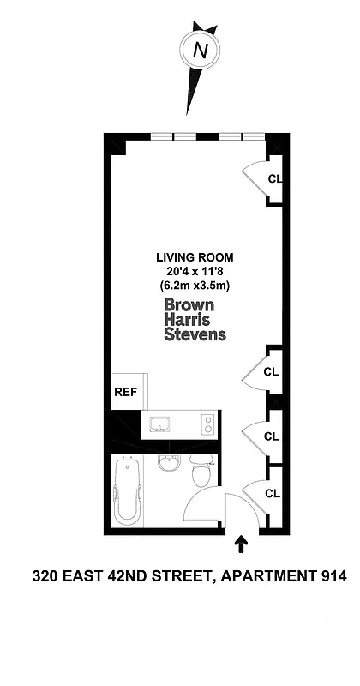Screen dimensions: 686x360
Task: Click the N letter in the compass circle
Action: [x=201, y=51]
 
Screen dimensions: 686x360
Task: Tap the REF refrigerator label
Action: [x=125, y=393]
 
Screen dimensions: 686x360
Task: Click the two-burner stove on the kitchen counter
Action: [x=207, y=424]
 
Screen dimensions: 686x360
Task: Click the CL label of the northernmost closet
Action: [x=274, y=179]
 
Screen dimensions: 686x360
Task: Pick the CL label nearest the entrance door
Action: [x=272, y=494]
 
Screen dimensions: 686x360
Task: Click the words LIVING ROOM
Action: [x=195, y=256]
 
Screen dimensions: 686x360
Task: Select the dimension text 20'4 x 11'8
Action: [x=195, y=271]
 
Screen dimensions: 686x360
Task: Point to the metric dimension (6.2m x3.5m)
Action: [x=195, y=286]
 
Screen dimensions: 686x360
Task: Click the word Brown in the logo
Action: [x=189, y=304]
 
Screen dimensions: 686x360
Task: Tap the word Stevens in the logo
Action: [x=195, y=334]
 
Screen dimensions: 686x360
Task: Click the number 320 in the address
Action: [x=45, y=577]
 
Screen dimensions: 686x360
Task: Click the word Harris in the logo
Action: [x=187, y=319]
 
